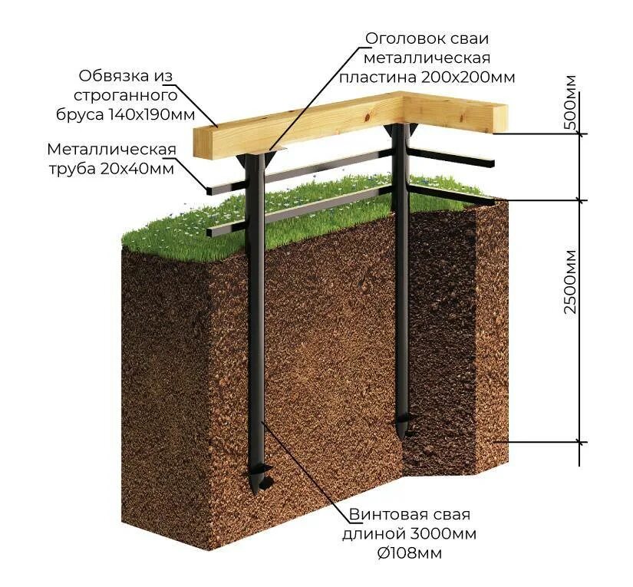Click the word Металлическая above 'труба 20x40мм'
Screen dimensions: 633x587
tap(112, 149)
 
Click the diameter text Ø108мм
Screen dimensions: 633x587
tap(410, 552)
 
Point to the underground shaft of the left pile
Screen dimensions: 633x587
tap(261, 345)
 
